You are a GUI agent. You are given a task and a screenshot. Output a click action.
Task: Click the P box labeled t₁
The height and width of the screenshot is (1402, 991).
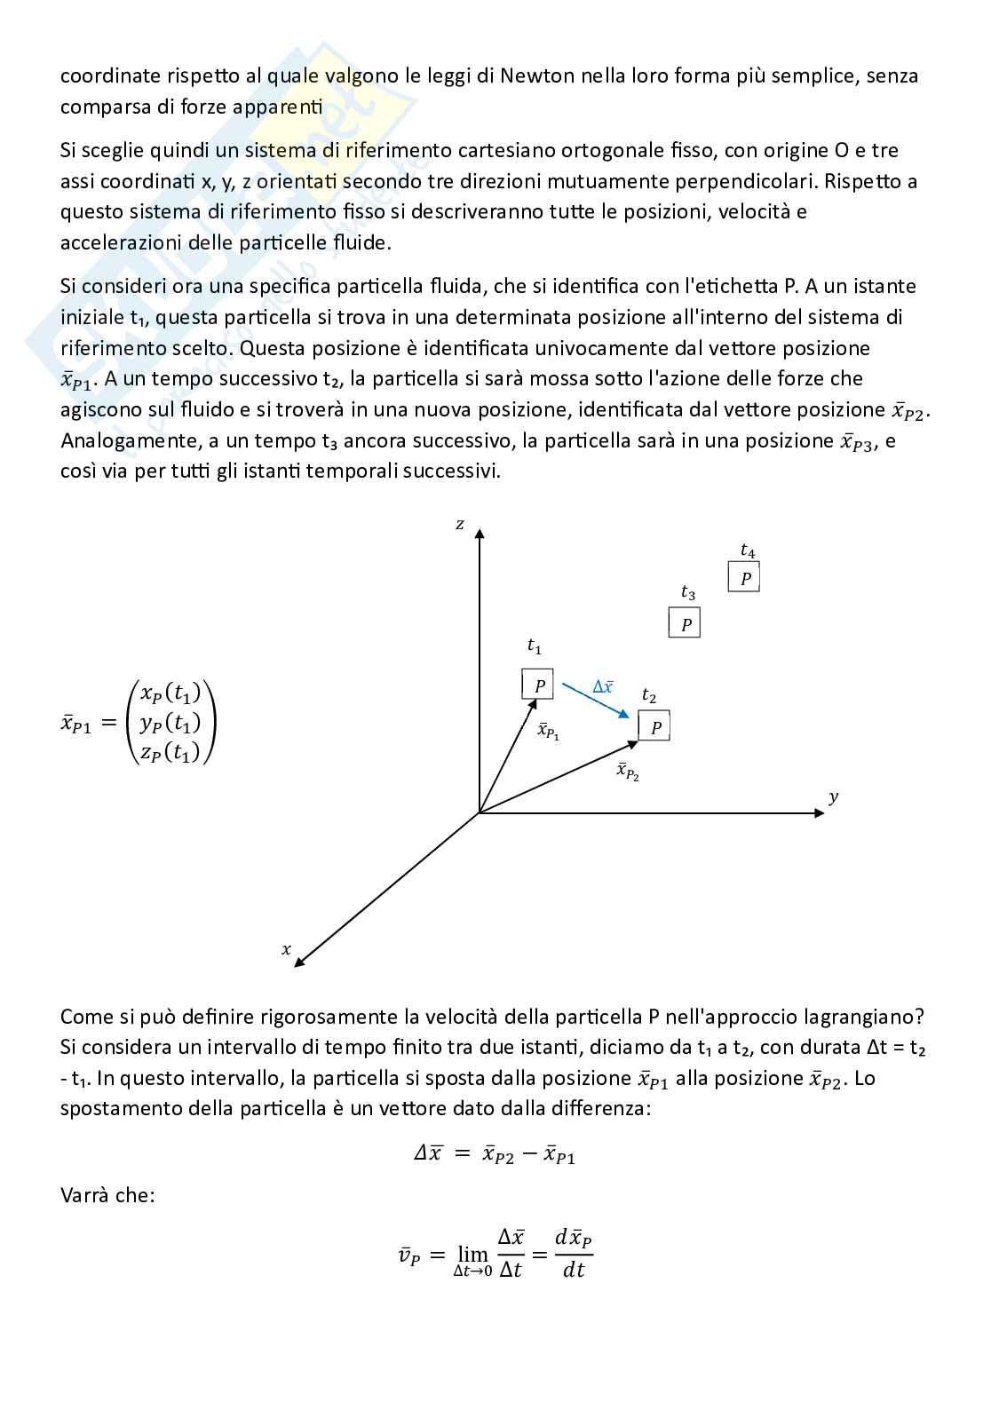click(x=537, y=685)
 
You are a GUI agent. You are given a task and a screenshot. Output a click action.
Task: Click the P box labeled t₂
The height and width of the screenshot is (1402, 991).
click(x=654, y=726)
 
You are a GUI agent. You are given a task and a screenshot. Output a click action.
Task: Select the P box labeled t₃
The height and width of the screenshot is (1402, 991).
click(x=685, y=623)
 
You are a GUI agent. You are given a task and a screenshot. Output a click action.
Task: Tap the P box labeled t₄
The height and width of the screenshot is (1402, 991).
click(x=744, y=577)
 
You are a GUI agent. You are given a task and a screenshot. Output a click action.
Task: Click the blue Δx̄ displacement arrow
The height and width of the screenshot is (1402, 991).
click(x=596, y=701)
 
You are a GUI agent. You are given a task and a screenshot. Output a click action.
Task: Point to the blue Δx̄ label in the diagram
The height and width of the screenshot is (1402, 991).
click(x=603, y=686)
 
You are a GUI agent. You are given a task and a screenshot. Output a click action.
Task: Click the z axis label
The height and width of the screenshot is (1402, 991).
click(x=460, y=524)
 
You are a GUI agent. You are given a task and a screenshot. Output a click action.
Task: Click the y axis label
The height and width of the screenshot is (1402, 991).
click(x=833, y=796)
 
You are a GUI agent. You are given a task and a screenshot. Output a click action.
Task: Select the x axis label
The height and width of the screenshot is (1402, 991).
click(x=286, y=949)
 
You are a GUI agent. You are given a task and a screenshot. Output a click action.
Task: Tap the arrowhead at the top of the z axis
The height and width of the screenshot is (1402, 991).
click(x=480, y=533)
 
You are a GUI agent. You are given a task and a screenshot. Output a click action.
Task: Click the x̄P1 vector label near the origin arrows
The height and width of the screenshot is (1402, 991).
click(x=548, y=732)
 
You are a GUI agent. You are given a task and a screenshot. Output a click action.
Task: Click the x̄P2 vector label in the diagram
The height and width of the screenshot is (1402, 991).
click(x=628, y=771)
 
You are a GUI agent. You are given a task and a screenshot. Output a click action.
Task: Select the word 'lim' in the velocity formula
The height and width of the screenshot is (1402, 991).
click(x=472, y=1254)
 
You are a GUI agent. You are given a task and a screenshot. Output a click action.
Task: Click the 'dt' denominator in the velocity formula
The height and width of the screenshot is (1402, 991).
click(x=574, y=1271)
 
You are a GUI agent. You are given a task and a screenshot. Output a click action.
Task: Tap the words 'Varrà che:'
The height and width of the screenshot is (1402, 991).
click(x=107, y=1194)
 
